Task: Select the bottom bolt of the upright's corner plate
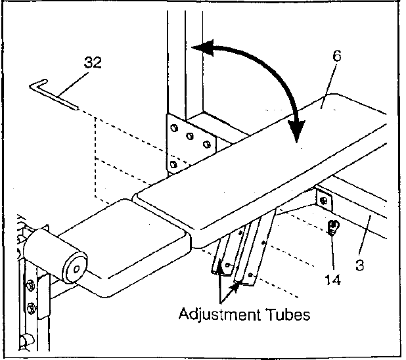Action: (x=172, y=163)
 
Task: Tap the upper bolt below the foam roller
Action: (x=30, y=285)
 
